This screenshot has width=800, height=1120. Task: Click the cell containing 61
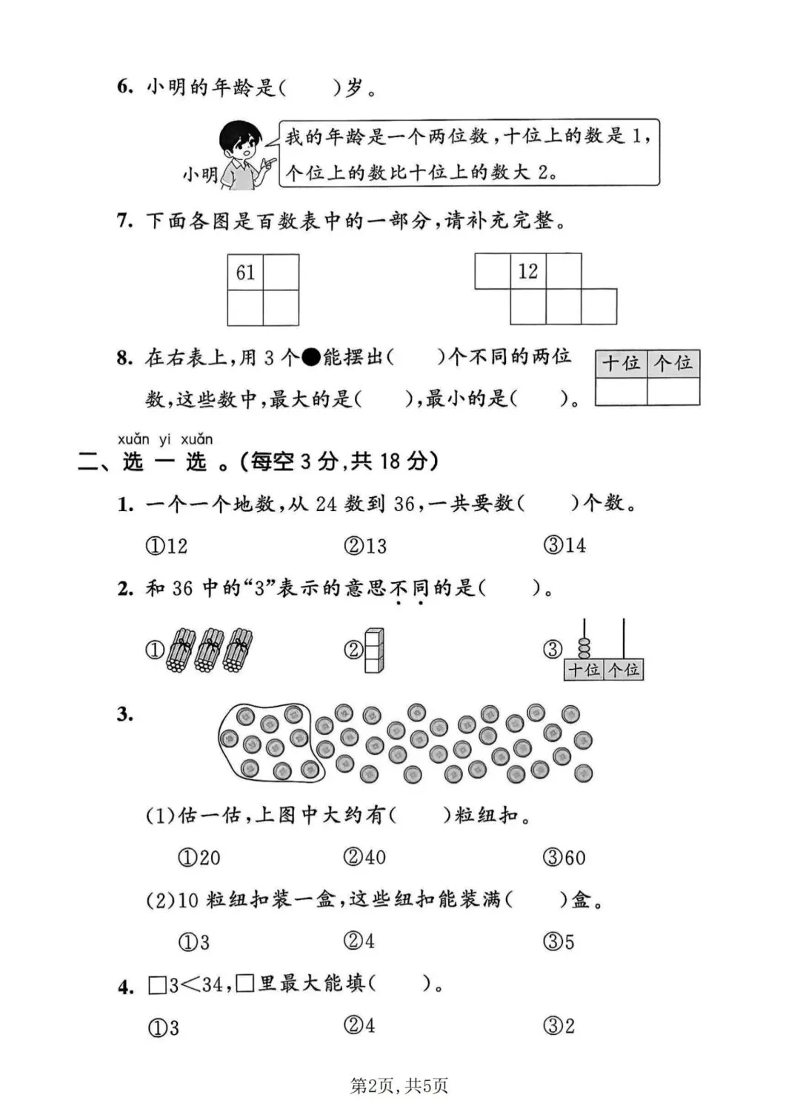click(245, 272)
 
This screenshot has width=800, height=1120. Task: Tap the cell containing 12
click(528, 271)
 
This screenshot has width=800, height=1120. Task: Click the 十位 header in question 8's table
click(621, 363)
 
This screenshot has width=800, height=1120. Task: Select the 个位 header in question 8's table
click(673, 363)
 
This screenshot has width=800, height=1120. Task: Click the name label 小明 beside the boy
click(200, 175)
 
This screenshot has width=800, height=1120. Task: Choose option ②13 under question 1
click(365, 546)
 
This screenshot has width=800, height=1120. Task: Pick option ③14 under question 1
click(564, 546)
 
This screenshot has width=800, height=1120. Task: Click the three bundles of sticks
click(210, 650)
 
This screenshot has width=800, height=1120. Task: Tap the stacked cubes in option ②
click(375, 650)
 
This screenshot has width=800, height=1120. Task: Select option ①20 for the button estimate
click(199, 858)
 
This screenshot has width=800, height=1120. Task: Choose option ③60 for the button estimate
click(564, 858)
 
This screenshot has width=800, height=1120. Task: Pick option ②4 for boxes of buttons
click(359, 941)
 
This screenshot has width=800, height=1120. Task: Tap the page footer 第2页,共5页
click(399, 1086)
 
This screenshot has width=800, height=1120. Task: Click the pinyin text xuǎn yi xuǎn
click(165, 439)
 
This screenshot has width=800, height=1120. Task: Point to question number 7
click(124, 221)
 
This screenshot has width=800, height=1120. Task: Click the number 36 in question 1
click(404, 504)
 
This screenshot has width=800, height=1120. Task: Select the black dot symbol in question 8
click(311, 358)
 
